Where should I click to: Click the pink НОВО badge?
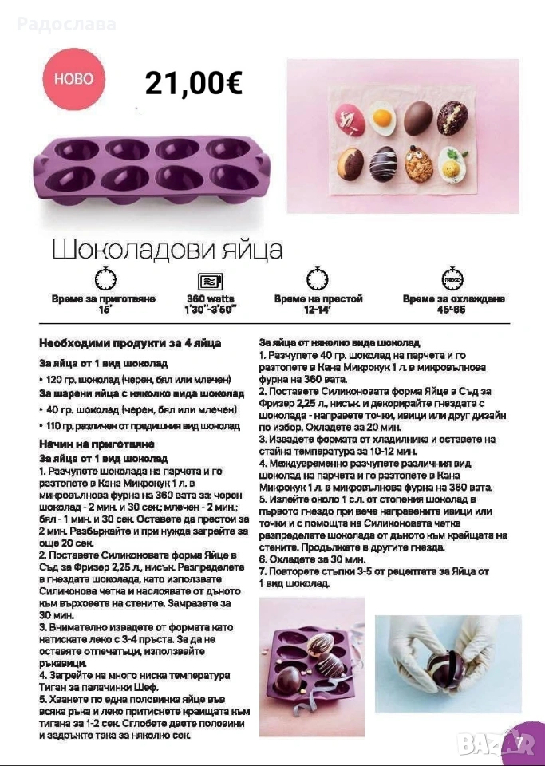coord(73,79)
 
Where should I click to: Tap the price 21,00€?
coord(193,83)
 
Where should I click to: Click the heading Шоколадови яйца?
coord(168,249)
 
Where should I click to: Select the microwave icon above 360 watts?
coord(210,280)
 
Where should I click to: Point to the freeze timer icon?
coord(453,279)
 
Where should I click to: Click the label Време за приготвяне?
coord(104,298)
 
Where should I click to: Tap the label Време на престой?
coord(318,298)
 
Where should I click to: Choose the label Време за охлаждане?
coord(453,298)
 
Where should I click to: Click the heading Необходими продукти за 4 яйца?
coord(130,343)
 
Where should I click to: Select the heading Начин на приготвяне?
coord(97,443)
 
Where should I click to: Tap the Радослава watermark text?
coord(65,24)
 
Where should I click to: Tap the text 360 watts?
coord(210,298)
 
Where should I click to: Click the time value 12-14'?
coord(318,308)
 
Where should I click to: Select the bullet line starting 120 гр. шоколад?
coord(136,379)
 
